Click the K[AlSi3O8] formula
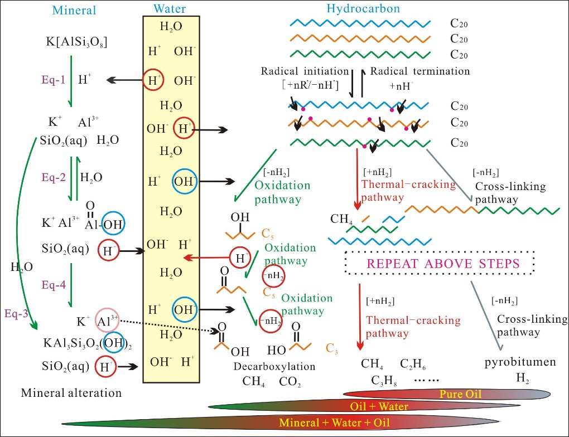[76, 42]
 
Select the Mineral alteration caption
[71, 392]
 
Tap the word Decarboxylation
[274, 367]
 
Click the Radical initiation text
[305, 71]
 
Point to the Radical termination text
[419, 71]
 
